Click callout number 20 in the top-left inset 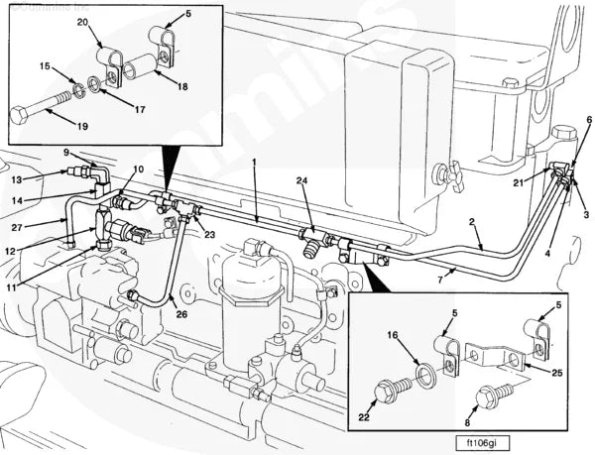point(81,22)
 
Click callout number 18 point(180,86)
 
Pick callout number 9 point(66,152)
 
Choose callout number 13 point(16,179)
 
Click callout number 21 point(518,183)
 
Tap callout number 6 point(589,120)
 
